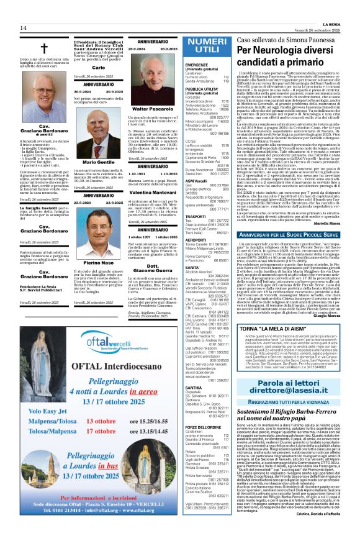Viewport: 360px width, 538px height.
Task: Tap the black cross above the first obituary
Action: [x=44, y=50]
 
